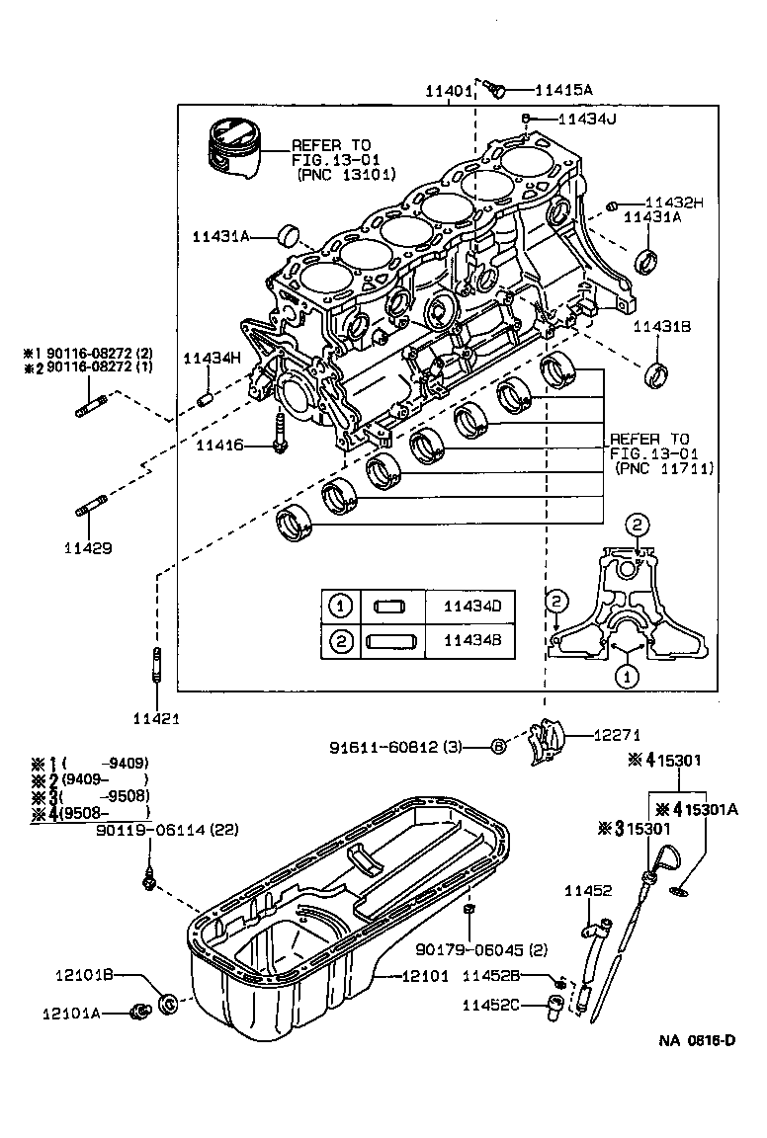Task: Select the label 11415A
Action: tap(563, 90)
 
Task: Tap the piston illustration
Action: tap(236, 150)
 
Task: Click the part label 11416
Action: tap(218, 447)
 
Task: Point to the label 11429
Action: tap(87, 546)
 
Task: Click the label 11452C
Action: tap(490, 1005)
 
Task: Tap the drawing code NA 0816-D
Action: tap(698, 1041)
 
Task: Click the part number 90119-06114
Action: tap(168, 831)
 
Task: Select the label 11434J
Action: tap(586, 120)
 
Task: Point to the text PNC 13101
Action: tap(347, 173)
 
